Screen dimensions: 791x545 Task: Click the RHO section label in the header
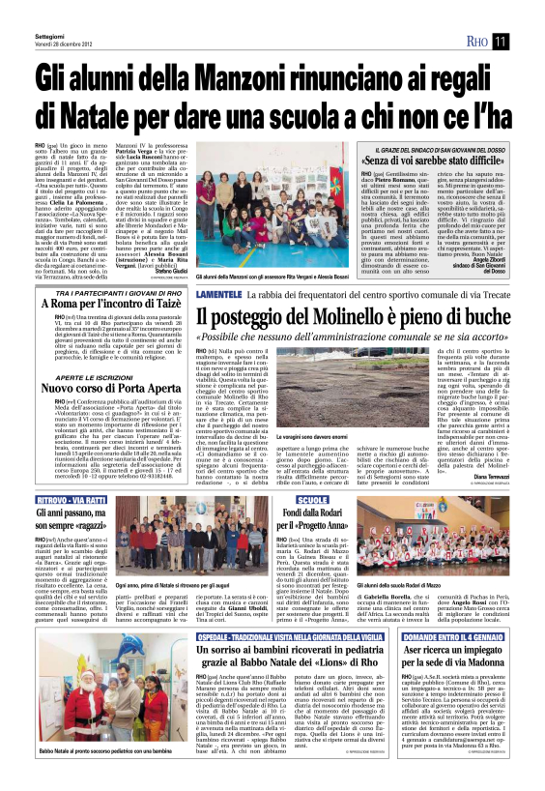point(476,41)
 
